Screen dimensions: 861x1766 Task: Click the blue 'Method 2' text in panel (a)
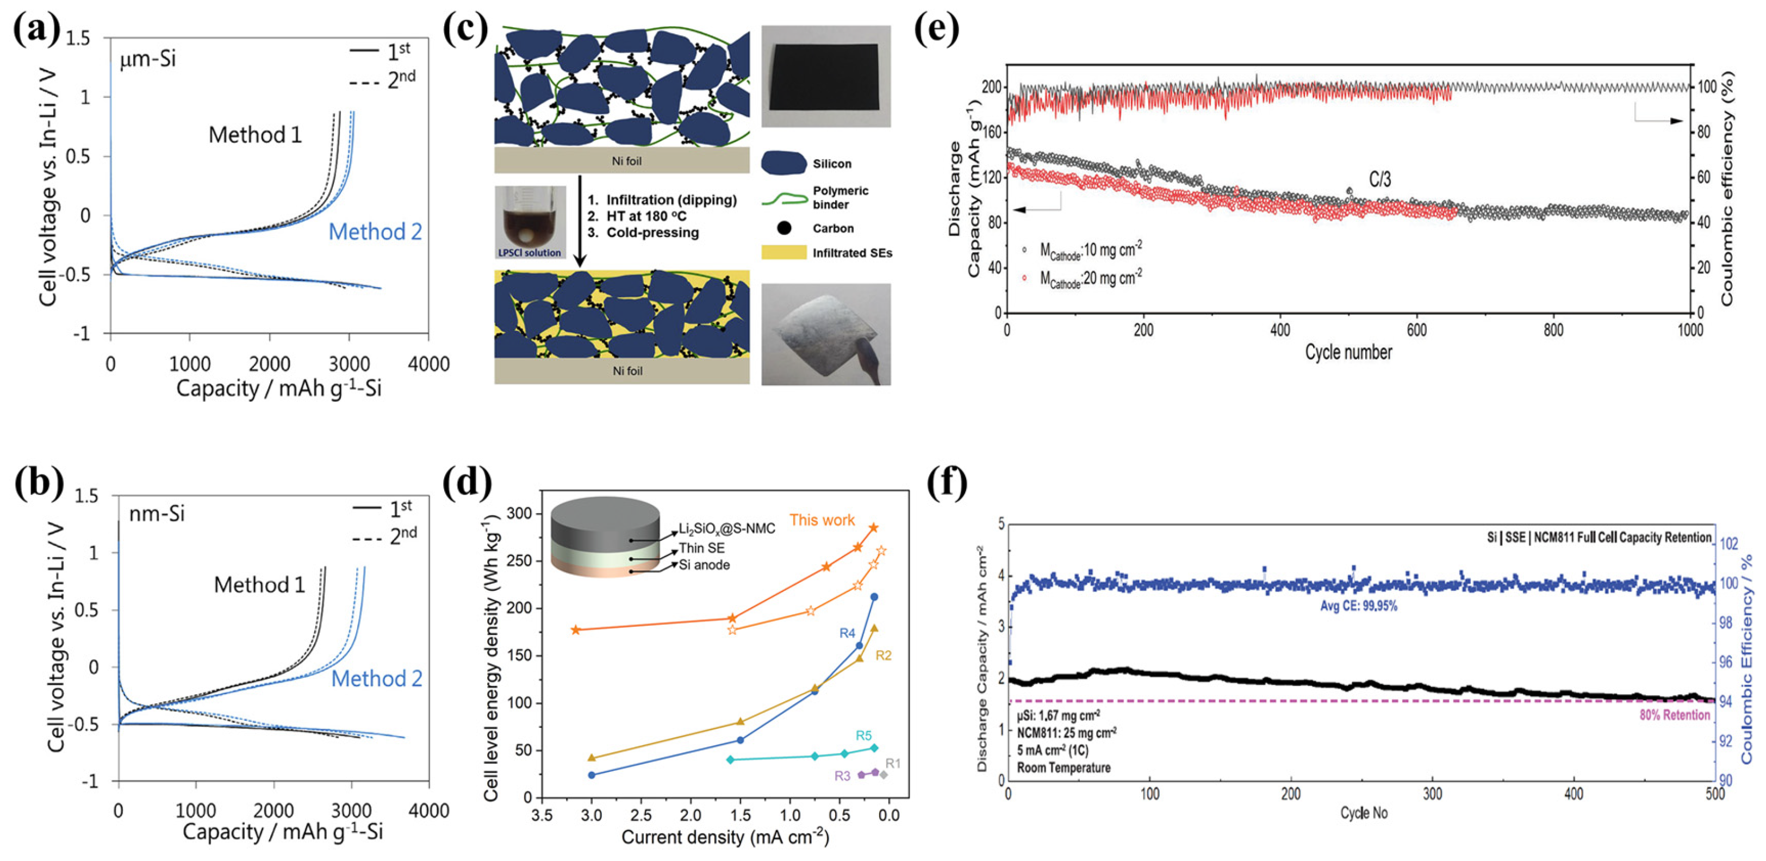click(375, 232)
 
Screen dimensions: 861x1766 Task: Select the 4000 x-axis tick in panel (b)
click(428, 810)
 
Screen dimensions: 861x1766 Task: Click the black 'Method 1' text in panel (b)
click(259, 585)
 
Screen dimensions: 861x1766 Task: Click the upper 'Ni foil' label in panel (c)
click(626, 161)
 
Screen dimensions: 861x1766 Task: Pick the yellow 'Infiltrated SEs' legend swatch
click(783, 253)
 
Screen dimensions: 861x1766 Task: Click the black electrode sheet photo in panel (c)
click(823, 77)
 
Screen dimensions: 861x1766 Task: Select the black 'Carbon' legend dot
click(784, 228)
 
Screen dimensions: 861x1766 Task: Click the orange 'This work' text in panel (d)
click(822, 520)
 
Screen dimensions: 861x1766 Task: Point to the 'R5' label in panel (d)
click(863, 735)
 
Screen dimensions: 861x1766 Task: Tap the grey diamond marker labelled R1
click(884, 775)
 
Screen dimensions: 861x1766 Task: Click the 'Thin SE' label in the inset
click(701, 548)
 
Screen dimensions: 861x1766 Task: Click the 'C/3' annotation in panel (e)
click(1379, 179)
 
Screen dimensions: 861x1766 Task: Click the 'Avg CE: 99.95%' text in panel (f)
click(1358, 606)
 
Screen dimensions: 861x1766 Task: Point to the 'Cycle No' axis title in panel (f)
click(1364, 813)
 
